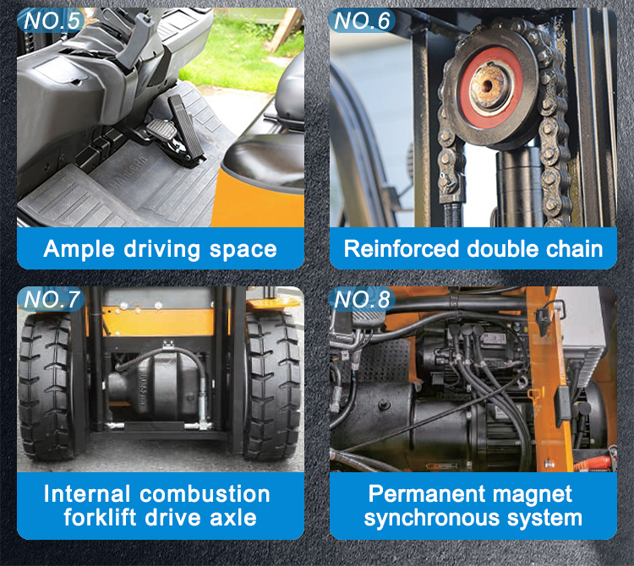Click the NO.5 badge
51,20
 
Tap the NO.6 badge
361,20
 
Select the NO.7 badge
51,299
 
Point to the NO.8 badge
361,299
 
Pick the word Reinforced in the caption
401,248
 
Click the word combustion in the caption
205,493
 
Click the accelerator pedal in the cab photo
187,128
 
